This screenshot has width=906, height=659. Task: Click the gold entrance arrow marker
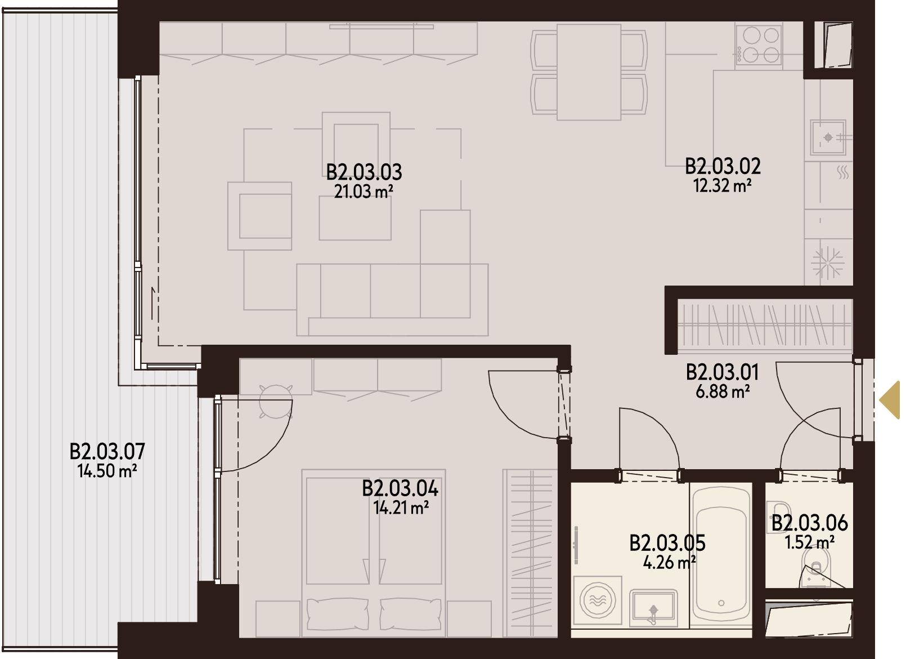point(891,400)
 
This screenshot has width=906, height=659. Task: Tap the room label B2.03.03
point(364,172)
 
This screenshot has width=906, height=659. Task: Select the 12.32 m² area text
point(723,186)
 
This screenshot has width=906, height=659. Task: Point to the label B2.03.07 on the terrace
point(107,451)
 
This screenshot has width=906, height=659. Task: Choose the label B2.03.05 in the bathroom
point(667,543)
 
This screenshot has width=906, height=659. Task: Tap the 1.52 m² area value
point(810,542)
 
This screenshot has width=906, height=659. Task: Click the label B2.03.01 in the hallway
point(723,372)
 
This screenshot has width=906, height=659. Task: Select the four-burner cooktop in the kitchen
point(759,44)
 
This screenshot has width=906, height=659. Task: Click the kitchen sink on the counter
point(828,137)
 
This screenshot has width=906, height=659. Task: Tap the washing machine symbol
point(598,601)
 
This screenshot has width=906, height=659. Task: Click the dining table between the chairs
point(589,72)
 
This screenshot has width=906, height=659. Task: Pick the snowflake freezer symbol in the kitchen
point(828,263)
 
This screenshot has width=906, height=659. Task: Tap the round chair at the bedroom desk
point(275,401)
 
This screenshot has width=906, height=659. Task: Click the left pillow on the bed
point(338,614)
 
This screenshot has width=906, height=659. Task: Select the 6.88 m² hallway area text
point(723,391)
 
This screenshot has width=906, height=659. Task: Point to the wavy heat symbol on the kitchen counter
point(843,172)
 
